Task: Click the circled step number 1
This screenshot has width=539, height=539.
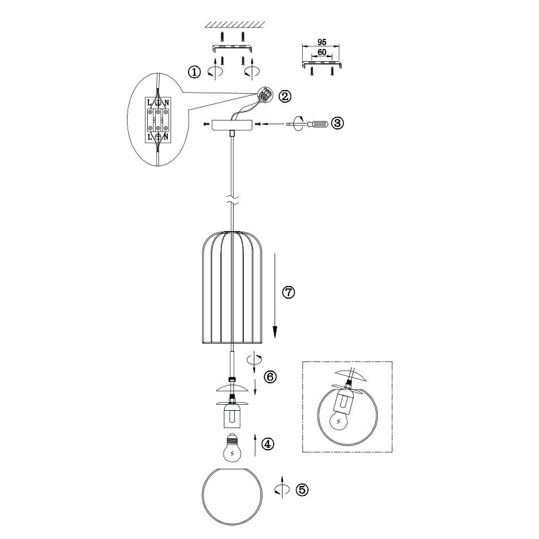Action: point(194,72)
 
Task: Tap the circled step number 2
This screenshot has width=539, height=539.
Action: point(285,96)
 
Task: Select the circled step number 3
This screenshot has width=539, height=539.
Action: point(337,123)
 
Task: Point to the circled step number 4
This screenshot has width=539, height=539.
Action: point(268,444)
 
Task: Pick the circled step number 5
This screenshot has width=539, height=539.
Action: point(302,489)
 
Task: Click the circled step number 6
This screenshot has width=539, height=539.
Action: point(271,377)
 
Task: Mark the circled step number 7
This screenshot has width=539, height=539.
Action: point(289,292)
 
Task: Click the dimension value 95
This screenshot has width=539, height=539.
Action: point(322,42)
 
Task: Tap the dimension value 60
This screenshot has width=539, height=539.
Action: point(322,52)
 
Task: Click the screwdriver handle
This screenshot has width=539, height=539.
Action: point(318,124)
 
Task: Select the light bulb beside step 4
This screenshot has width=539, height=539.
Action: point(232,448)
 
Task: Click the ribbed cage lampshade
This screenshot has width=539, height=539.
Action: point(232,287)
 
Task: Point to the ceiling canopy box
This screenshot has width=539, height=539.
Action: point(232,125)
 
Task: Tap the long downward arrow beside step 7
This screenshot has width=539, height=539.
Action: point(275,296)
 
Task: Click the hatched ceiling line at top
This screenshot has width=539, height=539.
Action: point(235,24)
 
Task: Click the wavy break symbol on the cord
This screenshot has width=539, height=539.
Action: point(233,200)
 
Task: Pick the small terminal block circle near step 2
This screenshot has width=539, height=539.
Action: point(265,93)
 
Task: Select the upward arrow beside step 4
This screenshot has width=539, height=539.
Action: point(255,445)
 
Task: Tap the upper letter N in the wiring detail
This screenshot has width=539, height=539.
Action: point(166,103)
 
